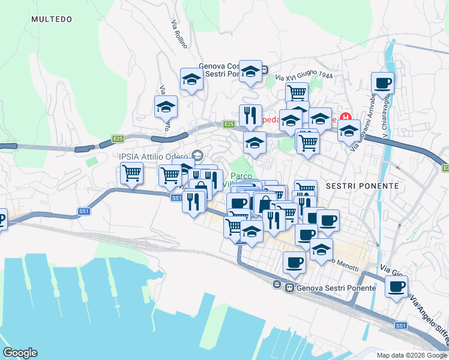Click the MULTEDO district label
click(52, 19)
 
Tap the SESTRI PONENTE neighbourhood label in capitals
click(362, 186)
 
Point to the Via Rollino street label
click(179, 34)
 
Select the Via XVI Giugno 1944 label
click(304, 76)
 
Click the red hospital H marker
click(345, 116)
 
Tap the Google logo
click(20, 353)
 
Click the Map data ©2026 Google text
click(411, 355)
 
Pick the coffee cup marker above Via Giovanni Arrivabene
click(382, 83)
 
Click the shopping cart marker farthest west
click(131, 173)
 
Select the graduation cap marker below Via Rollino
click(191, 79)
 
